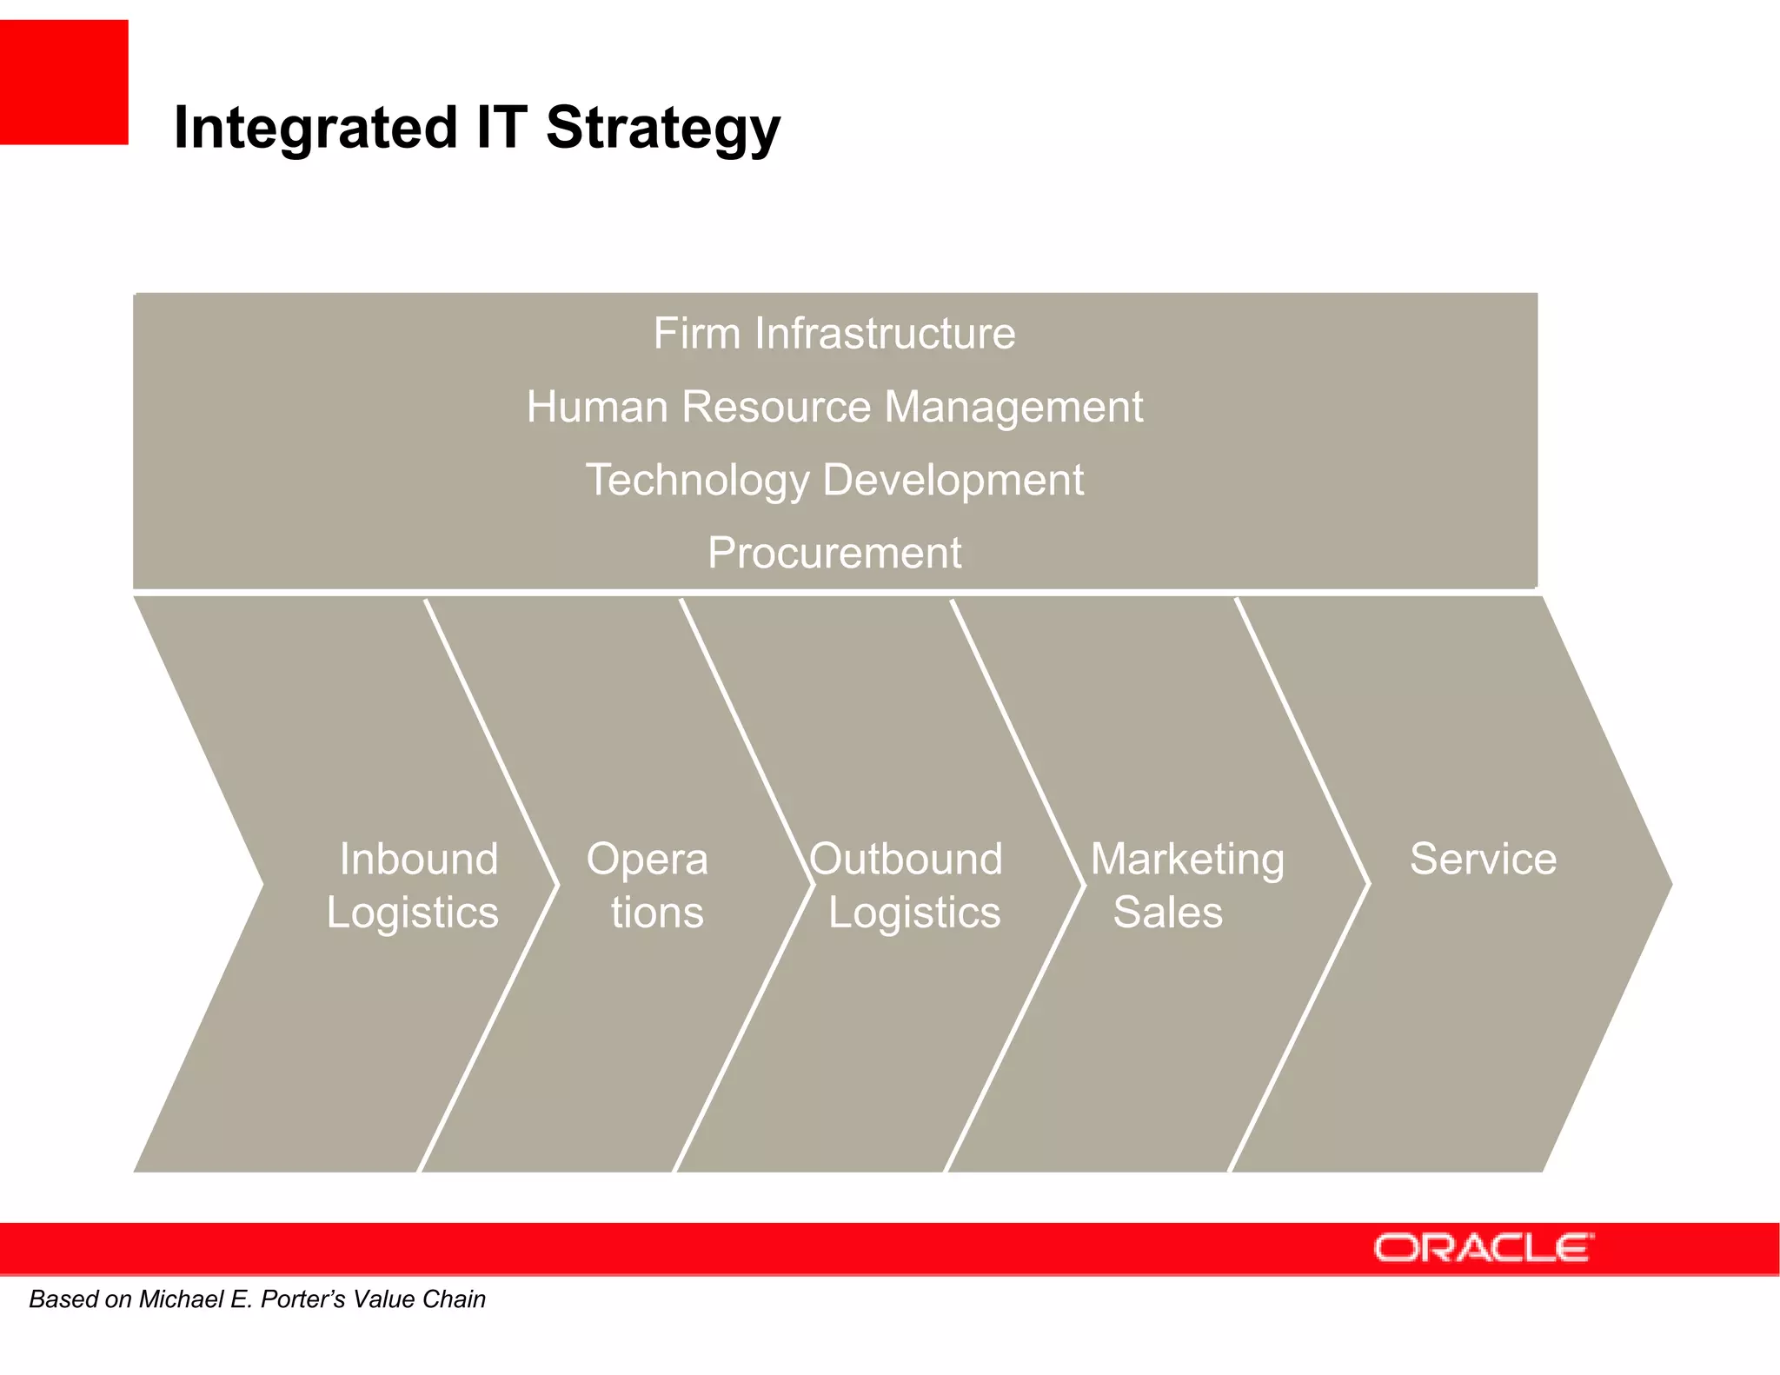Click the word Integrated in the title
315,129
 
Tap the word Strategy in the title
662,129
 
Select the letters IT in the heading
501,127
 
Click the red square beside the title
63,82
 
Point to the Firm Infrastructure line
834,334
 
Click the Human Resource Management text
834,407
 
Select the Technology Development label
834,480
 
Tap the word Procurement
834,553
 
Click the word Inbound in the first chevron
418,859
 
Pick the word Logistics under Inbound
412,913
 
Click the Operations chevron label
648,885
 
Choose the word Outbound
906,859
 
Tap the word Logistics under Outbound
913,913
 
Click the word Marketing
1187,859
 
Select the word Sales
1167,913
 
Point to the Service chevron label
1483,859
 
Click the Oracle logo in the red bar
1483,1248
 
